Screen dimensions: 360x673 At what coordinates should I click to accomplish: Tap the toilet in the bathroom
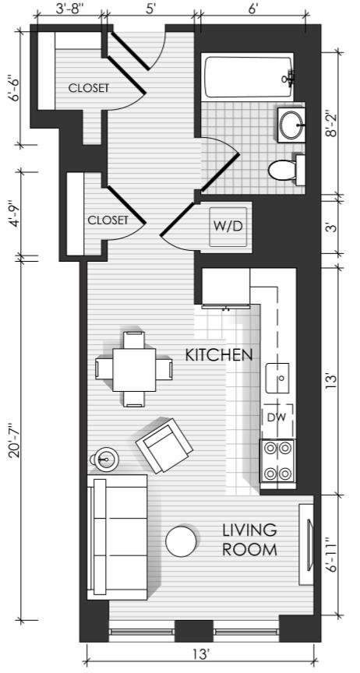point(287,171)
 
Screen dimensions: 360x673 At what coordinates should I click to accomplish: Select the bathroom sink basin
point(291,125)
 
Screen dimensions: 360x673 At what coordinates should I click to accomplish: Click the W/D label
point(228,227)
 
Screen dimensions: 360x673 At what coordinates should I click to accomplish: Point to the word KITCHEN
point(218,355)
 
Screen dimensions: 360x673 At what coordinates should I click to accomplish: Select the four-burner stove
point(277,461)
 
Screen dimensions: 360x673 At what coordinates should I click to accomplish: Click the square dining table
point(134,369)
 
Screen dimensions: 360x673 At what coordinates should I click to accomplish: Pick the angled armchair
point(164,446)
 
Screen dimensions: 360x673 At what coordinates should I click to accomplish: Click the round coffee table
point(182,541)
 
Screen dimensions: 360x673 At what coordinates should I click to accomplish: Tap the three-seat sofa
point(117,537)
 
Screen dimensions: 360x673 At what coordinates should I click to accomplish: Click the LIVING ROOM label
point(249,540)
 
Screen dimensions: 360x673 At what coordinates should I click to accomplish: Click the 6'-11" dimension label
point(332,556)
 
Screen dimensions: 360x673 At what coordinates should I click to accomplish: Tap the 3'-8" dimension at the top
point(69,9)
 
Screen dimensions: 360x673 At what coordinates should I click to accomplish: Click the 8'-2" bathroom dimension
point(332,124)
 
